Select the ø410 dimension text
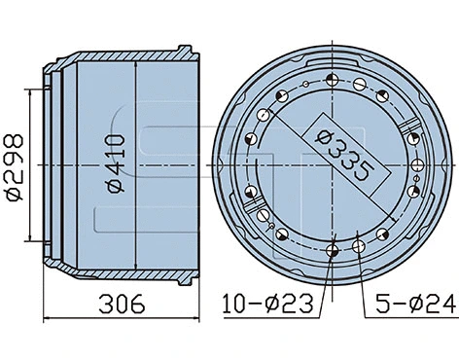pos(117,163)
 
